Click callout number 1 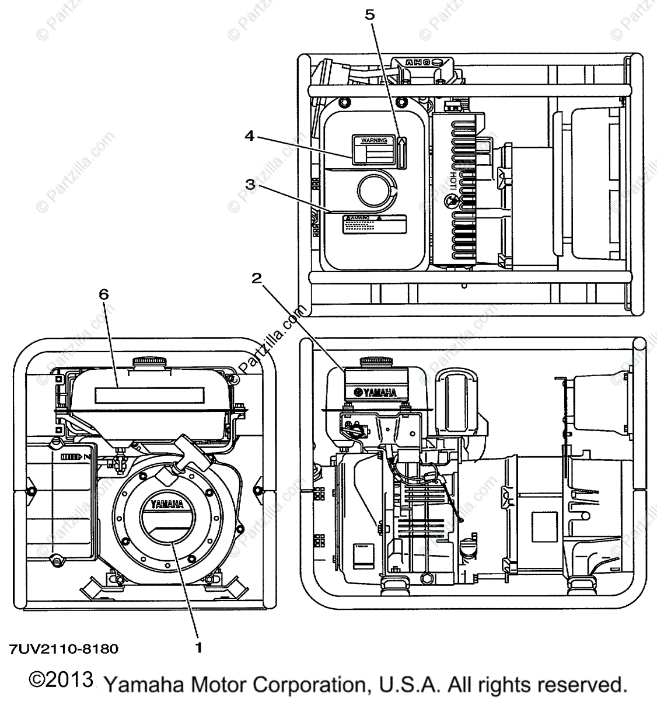tap(199, 647)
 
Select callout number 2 tap(255, 279)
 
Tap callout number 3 tap(250, 185)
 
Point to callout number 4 tap(249, 136)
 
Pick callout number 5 tap(370, 14)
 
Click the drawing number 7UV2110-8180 tap(64, 648)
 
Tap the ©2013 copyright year tap(61, 679)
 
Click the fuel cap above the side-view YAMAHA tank tap(375, 362)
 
